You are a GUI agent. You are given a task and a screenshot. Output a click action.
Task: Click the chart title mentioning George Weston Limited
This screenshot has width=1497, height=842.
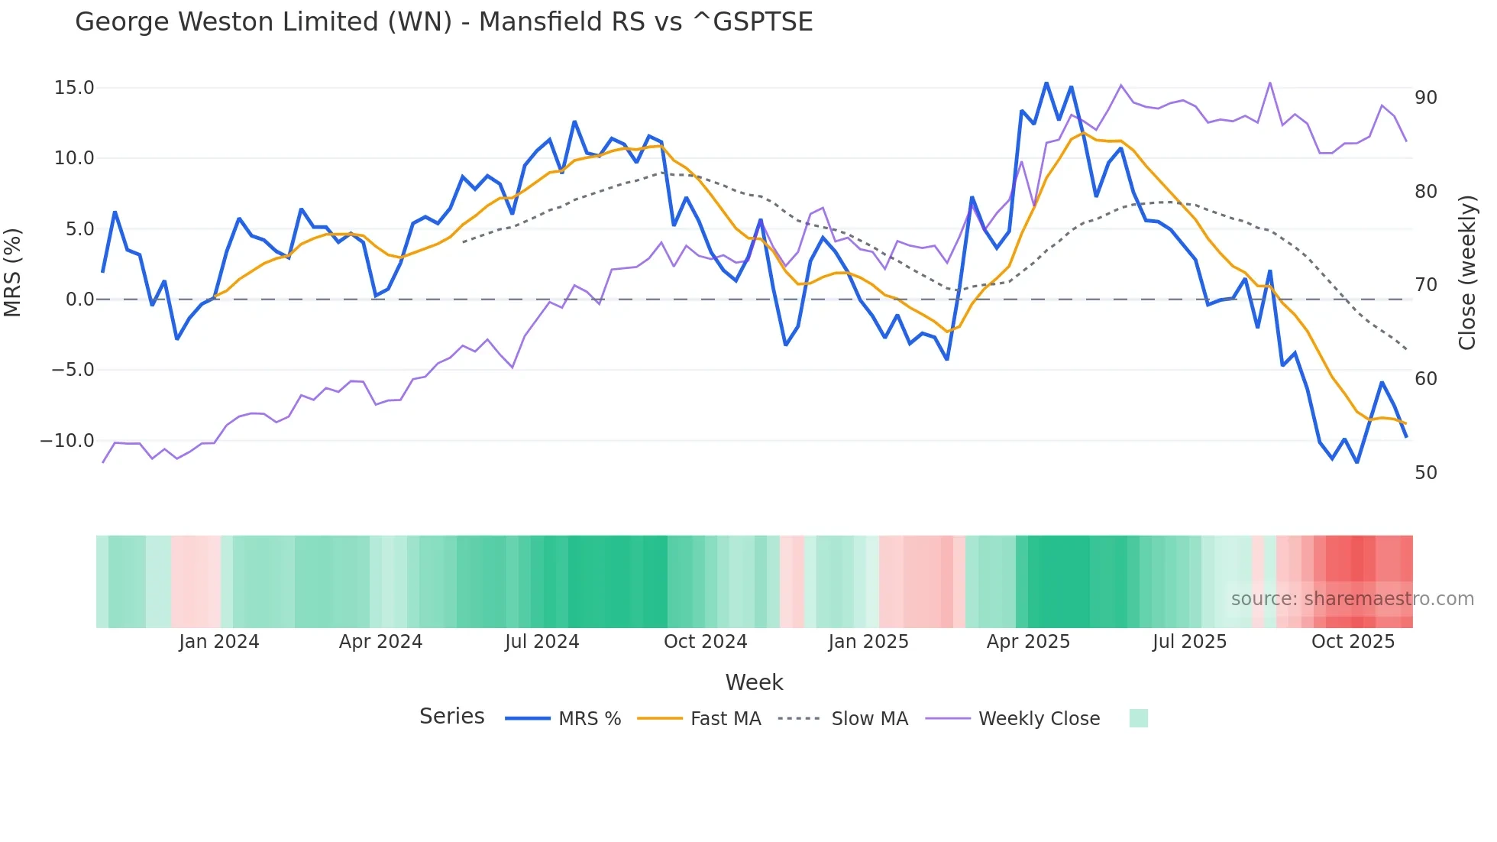coord(444,22)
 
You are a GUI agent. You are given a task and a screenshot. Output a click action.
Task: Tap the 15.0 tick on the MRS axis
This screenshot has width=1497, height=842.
coord(74,88)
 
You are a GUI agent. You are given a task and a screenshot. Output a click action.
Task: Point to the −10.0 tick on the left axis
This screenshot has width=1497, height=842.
coord(67,441)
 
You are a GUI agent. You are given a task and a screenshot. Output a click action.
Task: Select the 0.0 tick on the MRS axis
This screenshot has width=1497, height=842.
coord(79,300)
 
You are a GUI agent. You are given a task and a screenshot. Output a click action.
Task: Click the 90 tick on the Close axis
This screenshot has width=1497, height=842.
coord(1425,98)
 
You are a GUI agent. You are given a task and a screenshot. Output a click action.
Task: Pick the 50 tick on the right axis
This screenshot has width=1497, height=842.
coord(1425,473)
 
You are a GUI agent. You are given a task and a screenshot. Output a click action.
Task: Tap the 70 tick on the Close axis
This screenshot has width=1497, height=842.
coord(1425,285)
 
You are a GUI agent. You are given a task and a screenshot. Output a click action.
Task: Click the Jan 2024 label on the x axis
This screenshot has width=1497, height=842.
coord(219,642)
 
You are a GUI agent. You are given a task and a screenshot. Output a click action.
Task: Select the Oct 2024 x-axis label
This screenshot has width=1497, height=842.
coord(705,642)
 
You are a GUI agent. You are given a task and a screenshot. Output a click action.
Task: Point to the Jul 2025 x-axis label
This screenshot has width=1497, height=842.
coord(1189,642)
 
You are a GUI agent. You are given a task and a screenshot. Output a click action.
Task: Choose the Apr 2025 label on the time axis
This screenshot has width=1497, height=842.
coord(1028,642)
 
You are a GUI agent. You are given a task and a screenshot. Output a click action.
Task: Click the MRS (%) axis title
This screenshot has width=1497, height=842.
coord(13,272)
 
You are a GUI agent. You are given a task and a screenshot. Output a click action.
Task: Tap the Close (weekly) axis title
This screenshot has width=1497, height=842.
coord(1467,273)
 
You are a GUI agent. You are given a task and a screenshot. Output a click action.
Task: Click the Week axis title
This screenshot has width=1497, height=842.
coord(754,682)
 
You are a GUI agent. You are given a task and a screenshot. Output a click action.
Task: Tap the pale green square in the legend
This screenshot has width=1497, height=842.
coord(1138,718)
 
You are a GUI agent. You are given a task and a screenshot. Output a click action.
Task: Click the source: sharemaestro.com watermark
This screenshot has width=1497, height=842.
coord(1352,599)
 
